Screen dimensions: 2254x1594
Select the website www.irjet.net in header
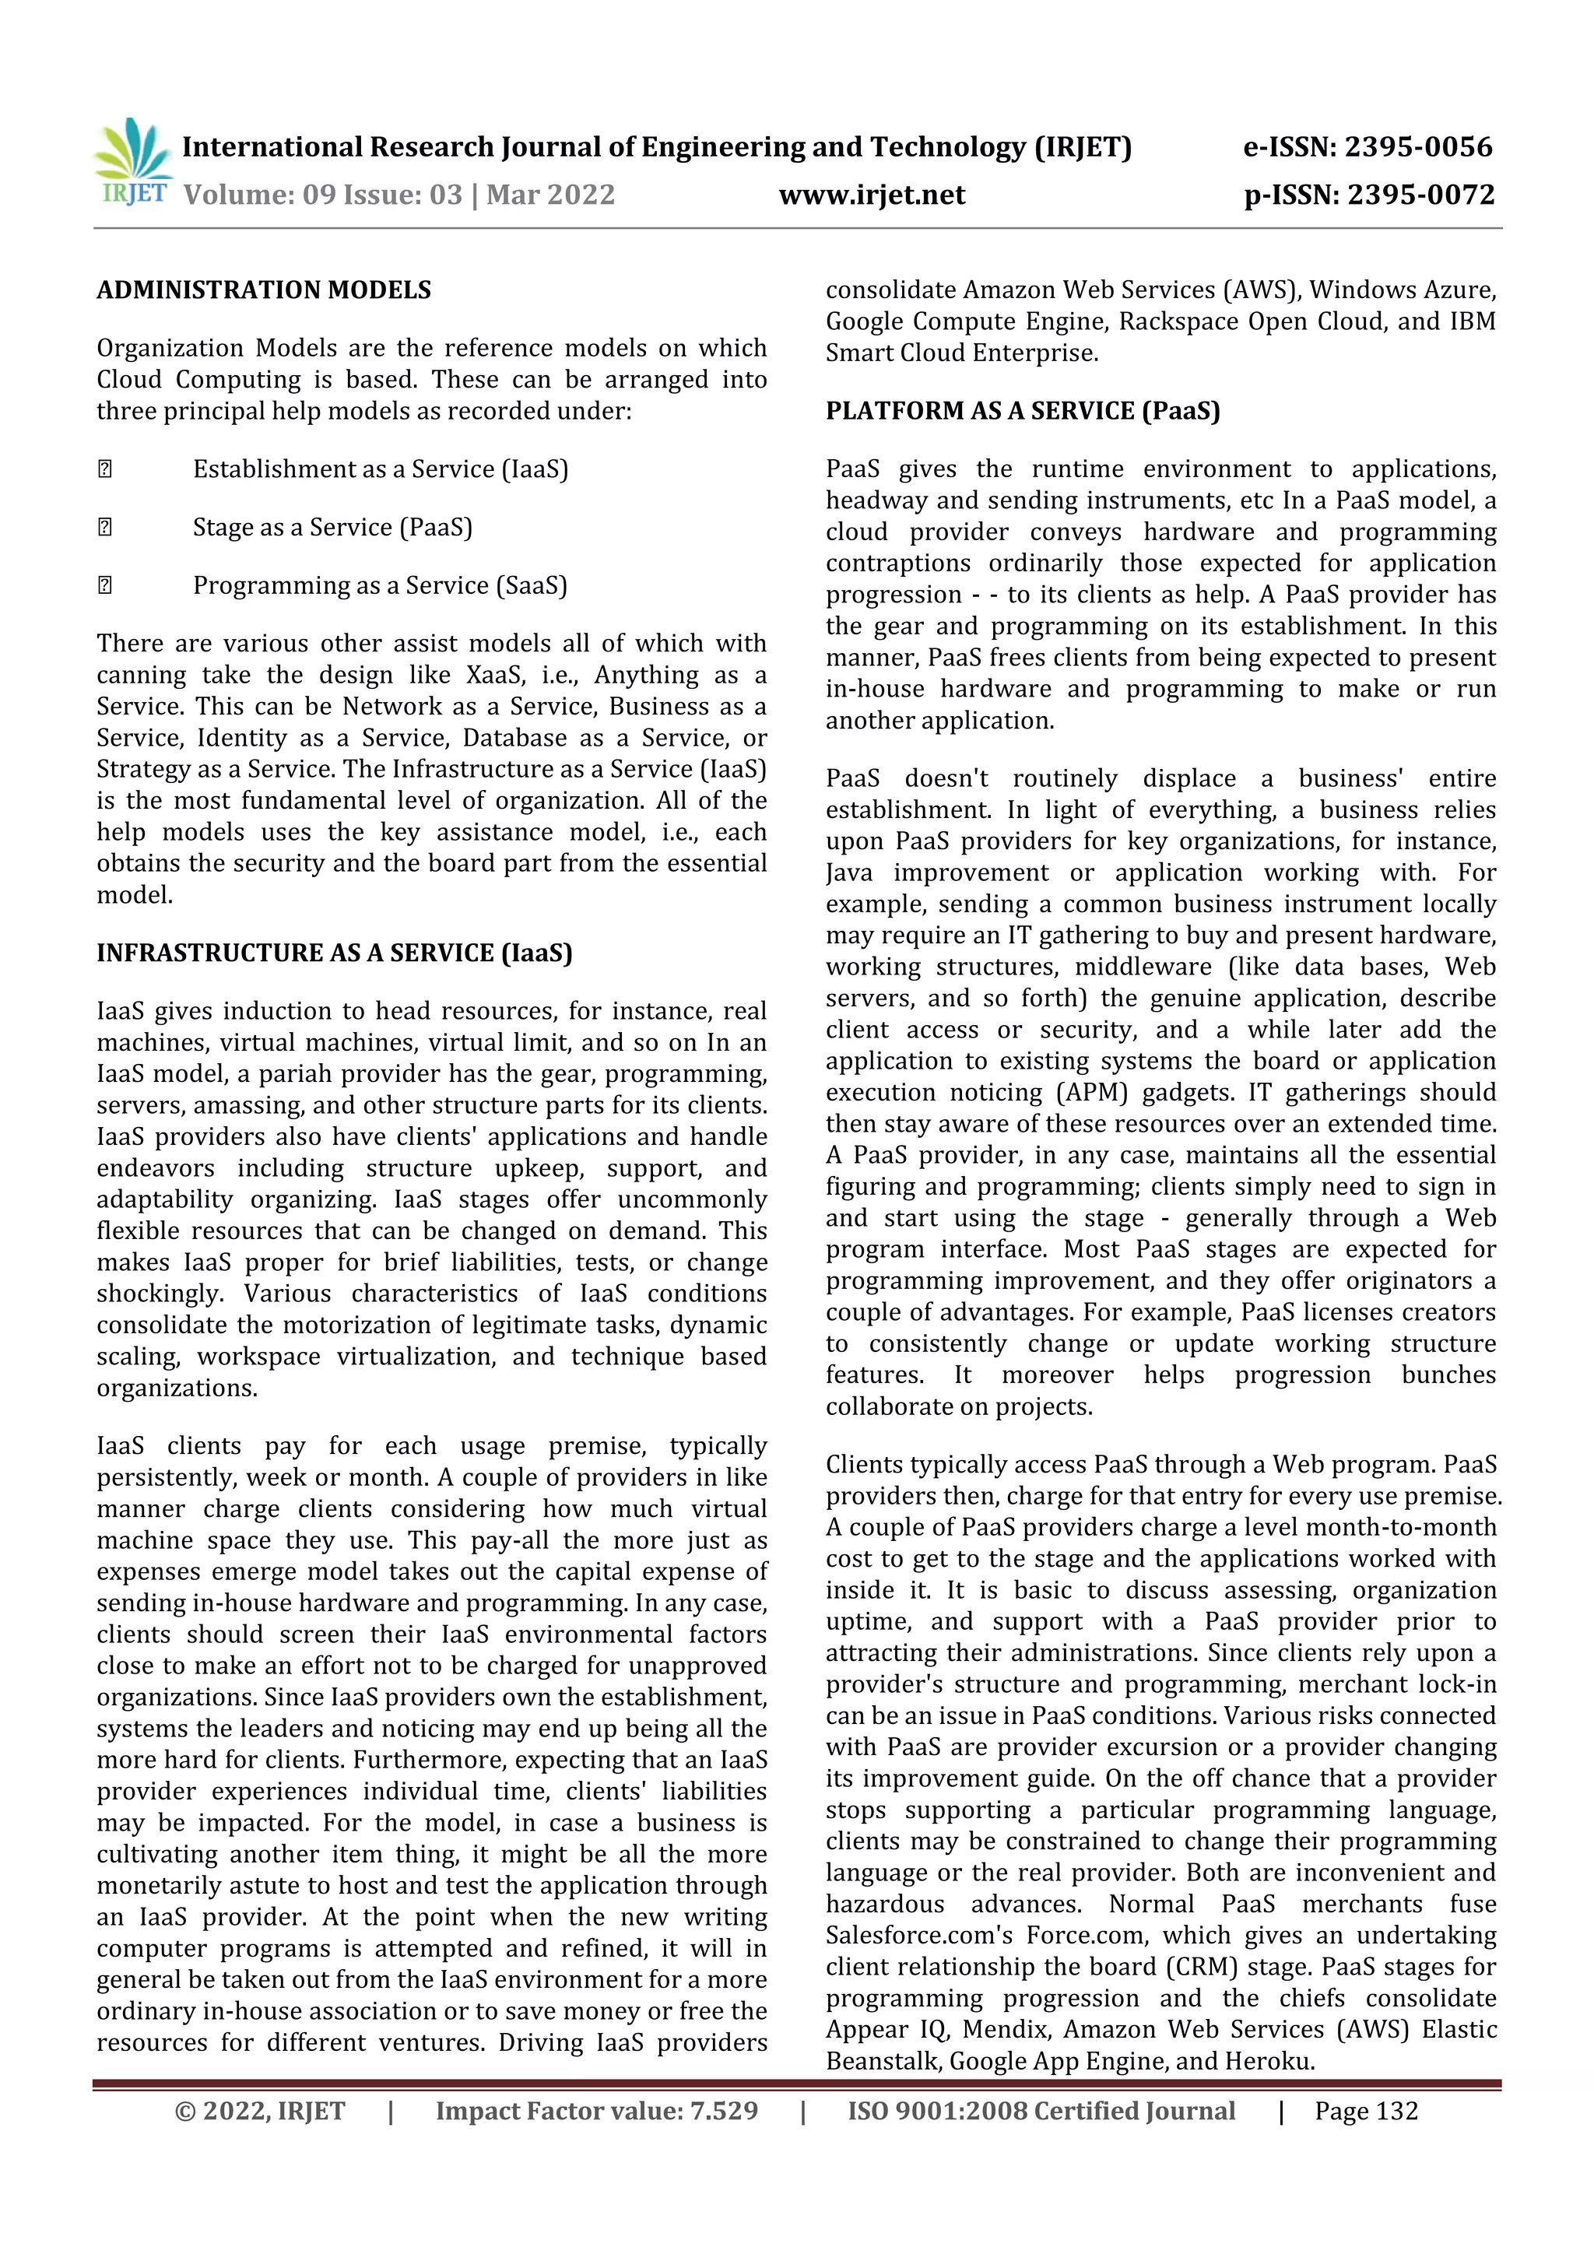pyautogui.click(x=872, y=195)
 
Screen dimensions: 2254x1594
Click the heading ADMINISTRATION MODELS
pyautogui.click(x=263, y=290)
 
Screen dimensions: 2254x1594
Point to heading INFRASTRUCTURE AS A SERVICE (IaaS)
pyautogui.click(x=334, y=953)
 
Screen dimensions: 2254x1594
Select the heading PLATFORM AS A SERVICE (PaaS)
pyautogui.click(x=1022, y=411)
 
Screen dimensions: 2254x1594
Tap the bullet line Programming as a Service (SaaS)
pyautogui.click(x=380, y=585)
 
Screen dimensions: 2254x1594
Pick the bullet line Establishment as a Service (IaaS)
pyautogui.click(x=380, y=469)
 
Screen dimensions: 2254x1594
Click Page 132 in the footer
pyautogui.click(x=1366, y=2111)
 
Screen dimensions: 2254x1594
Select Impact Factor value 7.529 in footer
pyautogui.click(x=597, y=2111)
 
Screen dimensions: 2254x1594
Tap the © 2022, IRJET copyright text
pyautogui.click(x=259, y=2111)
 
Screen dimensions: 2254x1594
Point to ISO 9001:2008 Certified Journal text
pyautogui.click(x=1041, y=2111)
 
